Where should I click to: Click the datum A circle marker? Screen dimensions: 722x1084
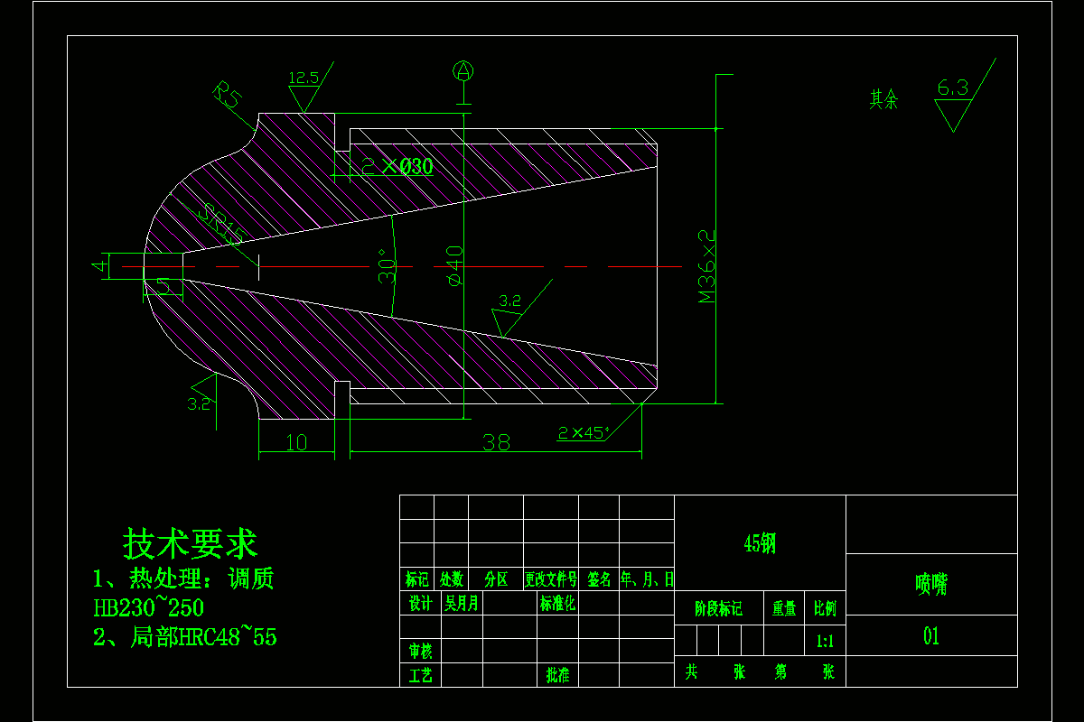(x=463, y=70)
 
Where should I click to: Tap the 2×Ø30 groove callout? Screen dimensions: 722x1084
(x=397, y=166)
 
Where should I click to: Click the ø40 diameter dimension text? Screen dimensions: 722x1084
(x=453, y=265)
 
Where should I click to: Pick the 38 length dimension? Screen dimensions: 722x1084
(x=496, y=442)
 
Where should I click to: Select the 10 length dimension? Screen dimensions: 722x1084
(x=295, y=442)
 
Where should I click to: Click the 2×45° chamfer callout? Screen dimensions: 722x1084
(x=583, y=432)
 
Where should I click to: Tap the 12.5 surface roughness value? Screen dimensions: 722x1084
(x=304, y=78)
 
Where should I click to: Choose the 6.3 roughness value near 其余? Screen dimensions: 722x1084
(x=952, y=88)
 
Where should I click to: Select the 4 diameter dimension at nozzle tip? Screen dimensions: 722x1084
(x=98, y=266)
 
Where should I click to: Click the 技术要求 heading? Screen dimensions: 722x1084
(x=191, y=544)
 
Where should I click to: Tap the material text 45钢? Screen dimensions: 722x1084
(x=760, y=542)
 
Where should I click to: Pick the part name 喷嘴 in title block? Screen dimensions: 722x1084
(x=931, y=585)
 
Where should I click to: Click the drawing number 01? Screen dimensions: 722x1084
(x=931, y=636)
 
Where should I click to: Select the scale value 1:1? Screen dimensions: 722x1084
(x=825, y=642)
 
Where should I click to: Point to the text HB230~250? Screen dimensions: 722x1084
(x=149, y=607)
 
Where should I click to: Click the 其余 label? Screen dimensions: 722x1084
(x=884, y=98)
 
